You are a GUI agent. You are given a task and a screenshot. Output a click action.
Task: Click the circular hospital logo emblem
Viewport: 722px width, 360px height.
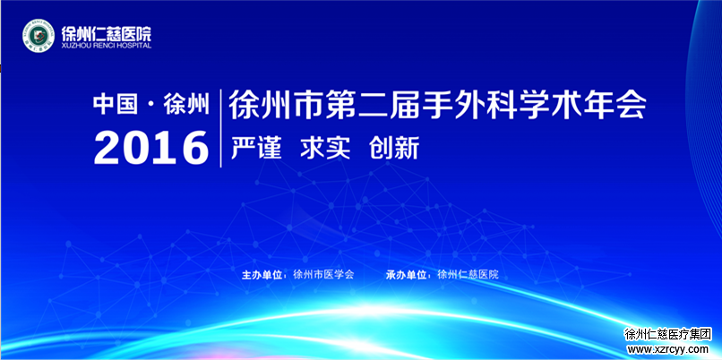click(x=39, y=36)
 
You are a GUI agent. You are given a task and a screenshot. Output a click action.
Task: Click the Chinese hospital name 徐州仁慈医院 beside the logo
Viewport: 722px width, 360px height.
click(x=107, y=33)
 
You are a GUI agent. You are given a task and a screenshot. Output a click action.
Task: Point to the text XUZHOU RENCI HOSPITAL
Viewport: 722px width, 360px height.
click(x=107, y=46)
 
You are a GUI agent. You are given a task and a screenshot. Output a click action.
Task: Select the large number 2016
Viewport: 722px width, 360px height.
click(x=151, y=148)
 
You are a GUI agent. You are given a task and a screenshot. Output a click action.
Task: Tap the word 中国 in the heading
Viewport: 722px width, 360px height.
click(x=116, y=105)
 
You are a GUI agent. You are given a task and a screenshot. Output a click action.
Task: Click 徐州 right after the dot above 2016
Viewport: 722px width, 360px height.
click(x=186, y=105)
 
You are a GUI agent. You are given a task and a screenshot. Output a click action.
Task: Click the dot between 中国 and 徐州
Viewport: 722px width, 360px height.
click(x=150, y=106)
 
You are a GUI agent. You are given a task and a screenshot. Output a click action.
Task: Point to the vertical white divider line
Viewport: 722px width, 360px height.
click(x=220, y=128)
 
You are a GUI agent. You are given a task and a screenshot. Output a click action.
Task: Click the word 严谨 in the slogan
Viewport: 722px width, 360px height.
click(x=256, y=149)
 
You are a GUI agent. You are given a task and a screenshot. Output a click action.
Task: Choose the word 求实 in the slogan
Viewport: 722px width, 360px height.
click(x=325, y=149)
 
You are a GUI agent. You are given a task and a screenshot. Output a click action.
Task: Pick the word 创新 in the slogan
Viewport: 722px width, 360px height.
click(x=394, y=149)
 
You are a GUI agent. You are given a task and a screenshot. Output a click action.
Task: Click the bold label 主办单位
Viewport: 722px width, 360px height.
click(x=262, y=275)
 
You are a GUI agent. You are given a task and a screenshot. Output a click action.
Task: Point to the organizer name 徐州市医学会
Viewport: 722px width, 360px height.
click(x=323, y=275)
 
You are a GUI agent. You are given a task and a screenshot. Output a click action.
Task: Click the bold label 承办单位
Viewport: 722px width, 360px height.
click(x=406, y=275)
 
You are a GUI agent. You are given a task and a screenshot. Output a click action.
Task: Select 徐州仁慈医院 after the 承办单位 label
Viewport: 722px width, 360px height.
click(x=468, y=275)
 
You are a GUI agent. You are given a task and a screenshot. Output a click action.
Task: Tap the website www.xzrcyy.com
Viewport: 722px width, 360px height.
click(x=668, y=349)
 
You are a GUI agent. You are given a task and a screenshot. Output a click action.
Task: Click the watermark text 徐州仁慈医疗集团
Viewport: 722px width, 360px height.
click(x=668, y=335)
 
